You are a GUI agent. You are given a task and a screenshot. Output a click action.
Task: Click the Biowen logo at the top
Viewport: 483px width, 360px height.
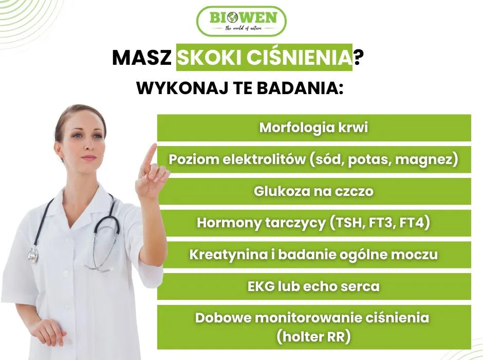point(241,21)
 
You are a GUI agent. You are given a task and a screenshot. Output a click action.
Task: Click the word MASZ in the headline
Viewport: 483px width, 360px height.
point(141,58)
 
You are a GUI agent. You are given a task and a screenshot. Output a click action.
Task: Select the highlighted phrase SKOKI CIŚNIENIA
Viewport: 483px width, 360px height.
point(264,58)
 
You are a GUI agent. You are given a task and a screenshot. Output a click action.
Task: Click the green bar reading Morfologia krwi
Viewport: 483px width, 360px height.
point(314,128)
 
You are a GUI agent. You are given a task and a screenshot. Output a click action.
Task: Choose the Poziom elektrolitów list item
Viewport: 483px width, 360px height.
point(314,159)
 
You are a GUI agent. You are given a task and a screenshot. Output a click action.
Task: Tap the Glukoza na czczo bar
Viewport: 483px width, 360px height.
point(314,191)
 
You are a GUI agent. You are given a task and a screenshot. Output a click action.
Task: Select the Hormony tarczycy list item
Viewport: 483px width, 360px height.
point(314,223)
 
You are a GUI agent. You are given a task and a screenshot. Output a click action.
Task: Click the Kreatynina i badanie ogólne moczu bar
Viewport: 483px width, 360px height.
point(314,255)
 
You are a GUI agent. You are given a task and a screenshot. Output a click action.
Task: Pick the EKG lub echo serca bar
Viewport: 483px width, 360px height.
point(314,286)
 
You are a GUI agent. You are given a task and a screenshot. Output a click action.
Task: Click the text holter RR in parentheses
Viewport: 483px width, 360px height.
point(313,337)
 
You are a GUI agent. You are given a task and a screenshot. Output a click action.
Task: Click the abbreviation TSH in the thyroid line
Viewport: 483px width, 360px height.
point(348,223)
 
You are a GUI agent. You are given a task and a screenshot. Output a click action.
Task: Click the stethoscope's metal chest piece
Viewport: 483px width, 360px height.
point(33,255)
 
